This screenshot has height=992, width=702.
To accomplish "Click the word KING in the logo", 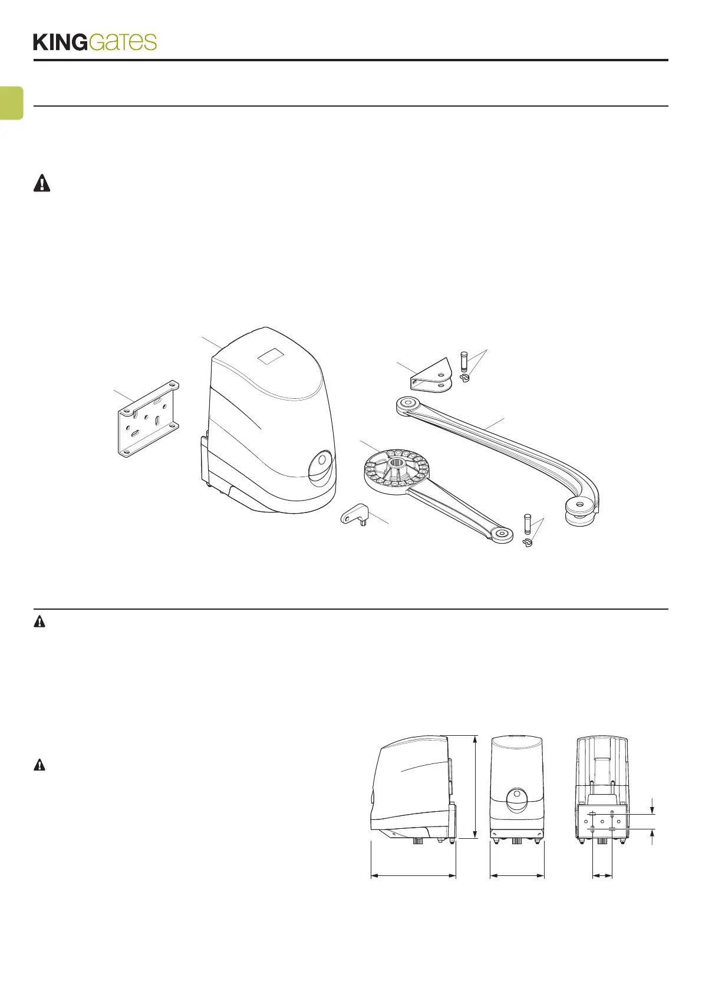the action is click(x=60, y=42).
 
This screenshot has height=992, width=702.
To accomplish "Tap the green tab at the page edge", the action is click(x=11, y=103).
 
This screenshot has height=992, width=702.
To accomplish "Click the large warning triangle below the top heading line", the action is click(x=41, y=184).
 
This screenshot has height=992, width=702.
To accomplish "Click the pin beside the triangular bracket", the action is click(x=463, y=361).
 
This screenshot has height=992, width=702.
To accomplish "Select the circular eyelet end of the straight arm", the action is click(x=501, y=534).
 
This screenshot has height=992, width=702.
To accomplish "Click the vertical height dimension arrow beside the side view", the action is click(x=475, y=788).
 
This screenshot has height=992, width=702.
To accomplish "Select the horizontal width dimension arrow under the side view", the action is click(x=413, y=876).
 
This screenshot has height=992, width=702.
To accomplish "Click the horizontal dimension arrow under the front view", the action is click(x=517, y=876).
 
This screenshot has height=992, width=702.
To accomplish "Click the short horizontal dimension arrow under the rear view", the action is click(x=602, y=876).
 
